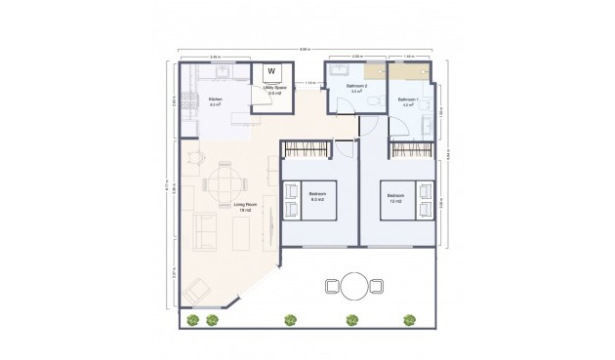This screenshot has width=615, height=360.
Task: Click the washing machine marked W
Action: [271, 71]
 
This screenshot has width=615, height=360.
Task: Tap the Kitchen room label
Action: [216, 101]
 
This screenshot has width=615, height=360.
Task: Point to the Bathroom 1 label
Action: [408, 101]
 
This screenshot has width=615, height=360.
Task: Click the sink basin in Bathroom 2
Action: [337, 72]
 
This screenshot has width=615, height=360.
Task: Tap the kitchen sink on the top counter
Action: [220, 71]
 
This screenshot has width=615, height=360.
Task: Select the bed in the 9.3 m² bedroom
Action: [312, 200]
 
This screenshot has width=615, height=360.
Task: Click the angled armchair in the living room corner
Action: [197, 289]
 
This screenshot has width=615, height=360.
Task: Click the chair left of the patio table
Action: [330, 286]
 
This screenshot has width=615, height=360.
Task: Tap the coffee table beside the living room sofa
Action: [239, 230]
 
